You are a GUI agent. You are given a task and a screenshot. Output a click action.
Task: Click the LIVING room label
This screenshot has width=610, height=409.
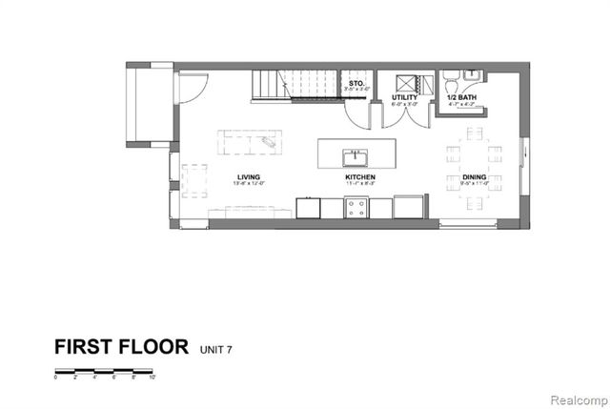click(249, 176)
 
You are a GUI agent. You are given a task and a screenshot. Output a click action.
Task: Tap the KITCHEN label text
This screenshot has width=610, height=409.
click(359, 176)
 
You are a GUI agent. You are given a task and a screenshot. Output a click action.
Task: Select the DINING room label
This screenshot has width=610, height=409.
click(474, 176)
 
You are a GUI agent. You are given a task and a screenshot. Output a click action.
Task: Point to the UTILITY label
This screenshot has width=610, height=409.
click(405, 97)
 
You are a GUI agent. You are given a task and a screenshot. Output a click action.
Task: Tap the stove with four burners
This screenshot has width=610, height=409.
click(356, 206)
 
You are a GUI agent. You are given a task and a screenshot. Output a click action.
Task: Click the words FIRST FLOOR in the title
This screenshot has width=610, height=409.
click(121, 346)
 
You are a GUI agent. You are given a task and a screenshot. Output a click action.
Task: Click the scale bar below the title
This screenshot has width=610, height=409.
click(105, 370)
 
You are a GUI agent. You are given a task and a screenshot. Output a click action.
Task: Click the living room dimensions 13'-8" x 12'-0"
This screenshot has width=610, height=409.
click(249, 183)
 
